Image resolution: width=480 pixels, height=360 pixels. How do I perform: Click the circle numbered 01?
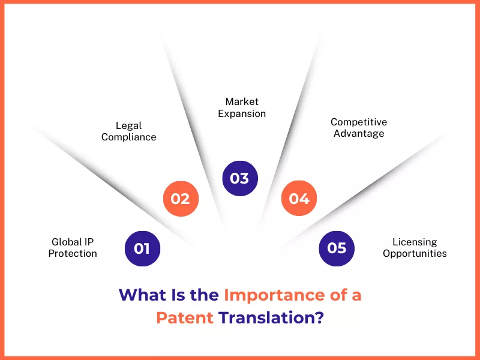coord(142,248)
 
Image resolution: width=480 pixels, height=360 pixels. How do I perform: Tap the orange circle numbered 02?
coord(181,199)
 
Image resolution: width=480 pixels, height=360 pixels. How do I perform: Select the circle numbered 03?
coord(240,178)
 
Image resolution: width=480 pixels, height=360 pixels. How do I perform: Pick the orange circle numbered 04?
coord(299,199)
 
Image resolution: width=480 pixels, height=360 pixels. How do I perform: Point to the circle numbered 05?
coord(337,248)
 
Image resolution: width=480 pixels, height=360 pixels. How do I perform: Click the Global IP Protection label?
coord(73,248)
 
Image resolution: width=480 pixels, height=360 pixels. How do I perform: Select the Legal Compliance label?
coord(128,131)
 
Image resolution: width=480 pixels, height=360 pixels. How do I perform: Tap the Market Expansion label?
coord(242,107)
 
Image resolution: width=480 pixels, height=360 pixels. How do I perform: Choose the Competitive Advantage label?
coord(359,128)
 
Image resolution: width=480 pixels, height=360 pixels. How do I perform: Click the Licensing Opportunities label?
coord(415,248)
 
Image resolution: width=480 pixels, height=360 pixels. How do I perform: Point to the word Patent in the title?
coord(185,317)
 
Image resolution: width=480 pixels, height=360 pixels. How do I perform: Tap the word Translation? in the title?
coord(271,317)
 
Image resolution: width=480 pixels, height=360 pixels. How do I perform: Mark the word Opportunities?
coord(415,254)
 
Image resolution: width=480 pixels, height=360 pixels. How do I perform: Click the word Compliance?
coord(128,137)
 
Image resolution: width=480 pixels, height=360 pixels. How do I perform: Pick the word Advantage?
coord(359,134)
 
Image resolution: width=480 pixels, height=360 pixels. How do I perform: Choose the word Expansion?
coord(242,114)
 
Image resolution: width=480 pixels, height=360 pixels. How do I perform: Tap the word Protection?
coord(73,253)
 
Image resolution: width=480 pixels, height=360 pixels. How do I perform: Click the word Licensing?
coord(415,242)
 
